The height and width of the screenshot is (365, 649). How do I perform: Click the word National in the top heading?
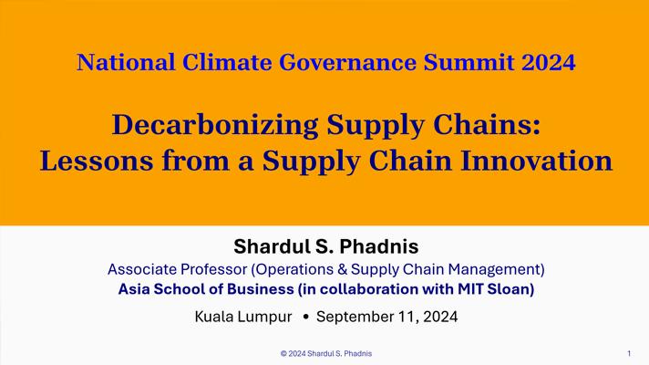tap(126, 62)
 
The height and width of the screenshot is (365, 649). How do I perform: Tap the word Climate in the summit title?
tap(227, 62)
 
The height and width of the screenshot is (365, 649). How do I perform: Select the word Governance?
tap(347, 62)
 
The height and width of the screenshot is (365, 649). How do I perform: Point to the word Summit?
tap(469, 62)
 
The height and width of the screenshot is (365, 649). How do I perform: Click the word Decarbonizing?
tap(215, 125)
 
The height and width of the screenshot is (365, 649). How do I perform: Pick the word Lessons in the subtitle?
tap(97, 161)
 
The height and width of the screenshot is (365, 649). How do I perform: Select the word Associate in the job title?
tap(142, 269)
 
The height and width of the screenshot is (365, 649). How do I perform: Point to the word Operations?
tap(293, 270)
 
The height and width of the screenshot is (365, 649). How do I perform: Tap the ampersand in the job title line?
tap(343, 269)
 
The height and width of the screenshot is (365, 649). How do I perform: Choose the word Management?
tap(496, 270)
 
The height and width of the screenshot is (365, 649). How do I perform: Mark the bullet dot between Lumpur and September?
tap(306, 317)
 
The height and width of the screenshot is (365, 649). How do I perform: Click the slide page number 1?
tap(629, 353)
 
